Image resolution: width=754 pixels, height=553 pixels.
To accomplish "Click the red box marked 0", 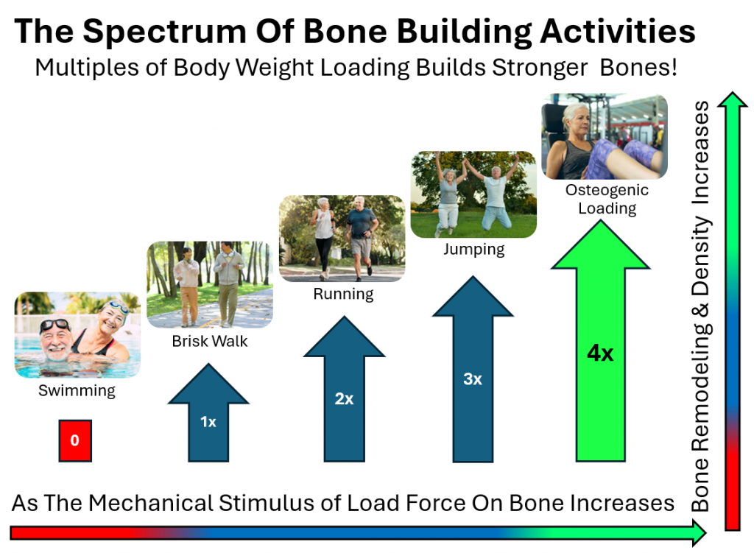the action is point(75,440).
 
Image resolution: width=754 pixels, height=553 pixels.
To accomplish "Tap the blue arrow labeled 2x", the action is point(345,389).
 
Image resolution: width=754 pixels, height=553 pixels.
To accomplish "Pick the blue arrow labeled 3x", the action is point(473,369).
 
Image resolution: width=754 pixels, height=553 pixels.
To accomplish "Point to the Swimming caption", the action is point(77,390).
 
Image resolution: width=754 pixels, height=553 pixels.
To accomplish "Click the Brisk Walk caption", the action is point(210,341).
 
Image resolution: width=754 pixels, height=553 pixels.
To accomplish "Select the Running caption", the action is point(343,294).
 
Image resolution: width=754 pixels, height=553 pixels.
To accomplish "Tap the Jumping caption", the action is point(474,249).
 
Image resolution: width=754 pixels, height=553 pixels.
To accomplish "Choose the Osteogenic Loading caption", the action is point(607,199).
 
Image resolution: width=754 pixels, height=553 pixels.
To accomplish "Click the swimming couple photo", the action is point(77,335).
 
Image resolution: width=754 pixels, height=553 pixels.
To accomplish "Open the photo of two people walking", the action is point(210,285).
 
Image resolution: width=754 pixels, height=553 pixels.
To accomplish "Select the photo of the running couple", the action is point(342,239).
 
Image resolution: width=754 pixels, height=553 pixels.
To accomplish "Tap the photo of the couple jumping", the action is point(473,194).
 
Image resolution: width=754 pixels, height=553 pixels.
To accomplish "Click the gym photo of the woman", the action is point(605,136).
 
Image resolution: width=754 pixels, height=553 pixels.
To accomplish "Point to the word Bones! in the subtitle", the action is point(638,67).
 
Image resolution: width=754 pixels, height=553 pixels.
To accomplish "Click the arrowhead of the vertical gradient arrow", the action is point(733,99).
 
